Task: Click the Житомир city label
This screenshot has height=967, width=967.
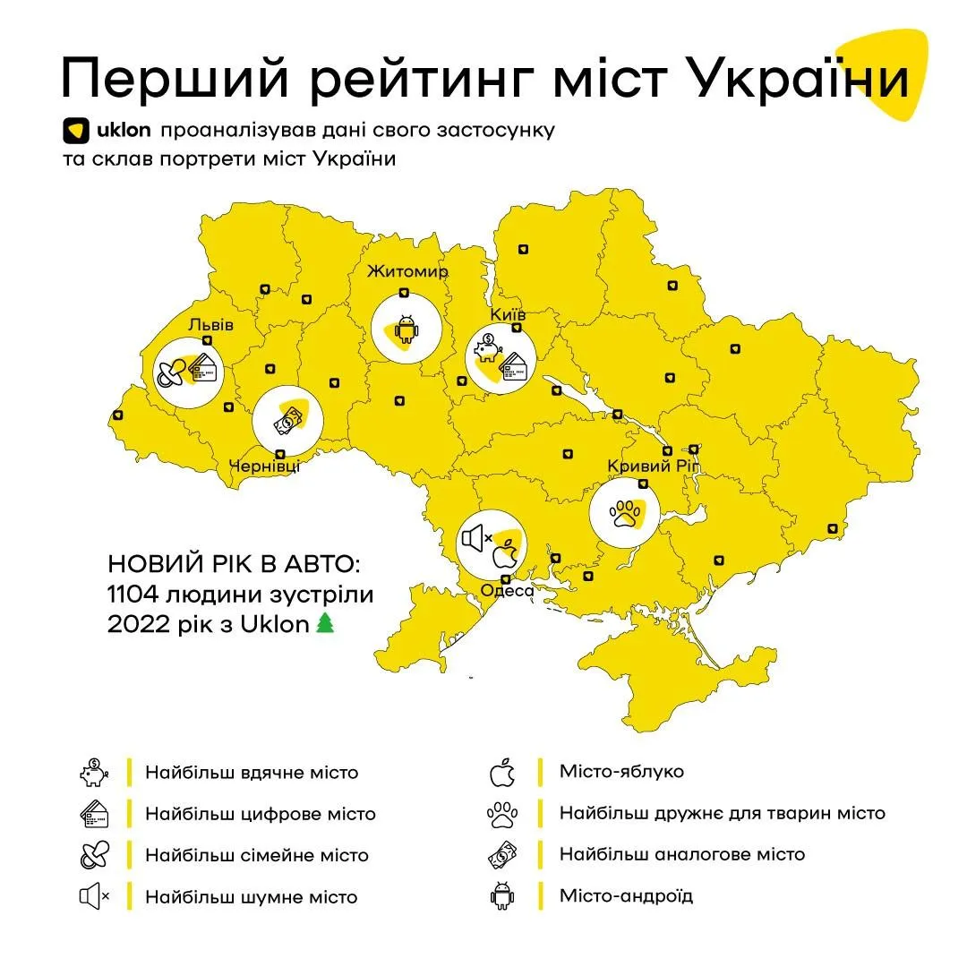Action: click(406, 271)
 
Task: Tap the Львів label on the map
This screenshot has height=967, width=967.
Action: click(210, 324)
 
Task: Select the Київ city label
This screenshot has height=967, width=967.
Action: click(509, 315)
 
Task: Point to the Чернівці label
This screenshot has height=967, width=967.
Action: click(265, 466)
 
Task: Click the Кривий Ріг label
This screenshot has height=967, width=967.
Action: click(657, 466)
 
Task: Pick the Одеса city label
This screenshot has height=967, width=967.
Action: click(507, 590)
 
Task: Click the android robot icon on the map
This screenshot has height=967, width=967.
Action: click(406, 329)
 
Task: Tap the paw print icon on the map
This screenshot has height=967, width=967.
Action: click(624, 513)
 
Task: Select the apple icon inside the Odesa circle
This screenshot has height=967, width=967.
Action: click(507, 555)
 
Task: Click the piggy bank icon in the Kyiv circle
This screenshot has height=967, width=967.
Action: click(489, 347)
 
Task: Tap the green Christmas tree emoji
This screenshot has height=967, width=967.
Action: click(324, 624)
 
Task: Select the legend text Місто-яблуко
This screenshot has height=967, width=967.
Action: click(621, 771)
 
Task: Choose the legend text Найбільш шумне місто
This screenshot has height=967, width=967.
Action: click(251, 896)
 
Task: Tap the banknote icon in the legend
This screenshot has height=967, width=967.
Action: click(502, 854)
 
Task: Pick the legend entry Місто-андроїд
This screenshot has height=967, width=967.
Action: click(626, 895)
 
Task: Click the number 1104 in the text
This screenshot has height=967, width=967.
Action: click(133, 595)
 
